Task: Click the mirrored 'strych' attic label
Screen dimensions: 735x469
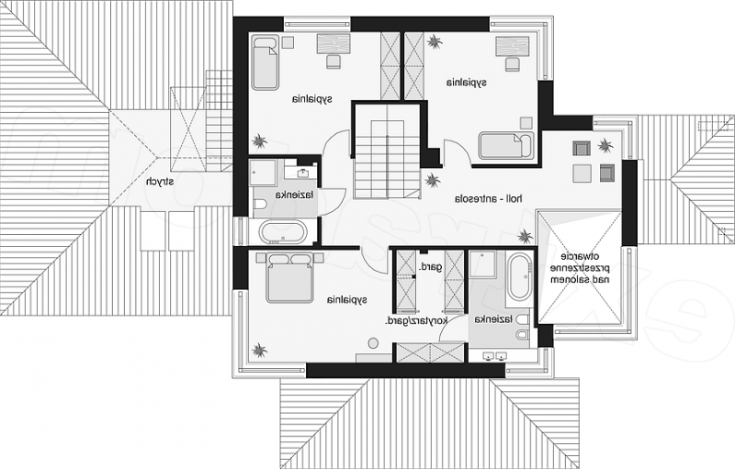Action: (x=159, y=182)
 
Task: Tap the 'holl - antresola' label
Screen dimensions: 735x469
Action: (x=489, y=199)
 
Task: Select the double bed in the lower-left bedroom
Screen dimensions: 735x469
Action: (x=289, y=277)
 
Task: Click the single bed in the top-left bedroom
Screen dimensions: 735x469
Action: (x=266, y=61)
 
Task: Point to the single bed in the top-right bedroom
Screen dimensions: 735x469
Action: (x=506, y=146)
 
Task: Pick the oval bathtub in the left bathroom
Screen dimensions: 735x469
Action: (x=284, y=231)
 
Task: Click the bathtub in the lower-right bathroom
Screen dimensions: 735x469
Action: (x=520, y=277)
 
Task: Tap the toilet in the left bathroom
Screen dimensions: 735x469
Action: (x=260, y=204)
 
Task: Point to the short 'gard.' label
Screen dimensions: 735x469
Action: (x=431, y=267)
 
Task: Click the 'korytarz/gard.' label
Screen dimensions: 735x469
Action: (x=416, y=320)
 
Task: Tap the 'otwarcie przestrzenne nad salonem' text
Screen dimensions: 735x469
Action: (x=581, y=268)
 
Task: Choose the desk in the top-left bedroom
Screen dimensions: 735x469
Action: (x=334, y=44)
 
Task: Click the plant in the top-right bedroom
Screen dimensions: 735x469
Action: (x=435, y=41)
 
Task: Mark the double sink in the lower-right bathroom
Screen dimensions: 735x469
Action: (x=495, y=356)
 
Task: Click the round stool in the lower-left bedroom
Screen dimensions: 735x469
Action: (x=373, y=343)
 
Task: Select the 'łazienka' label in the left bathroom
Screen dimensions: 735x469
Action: (x=294, y=195)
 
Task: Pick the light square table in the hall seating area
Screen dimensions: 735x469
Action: (x=582, y=173)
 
